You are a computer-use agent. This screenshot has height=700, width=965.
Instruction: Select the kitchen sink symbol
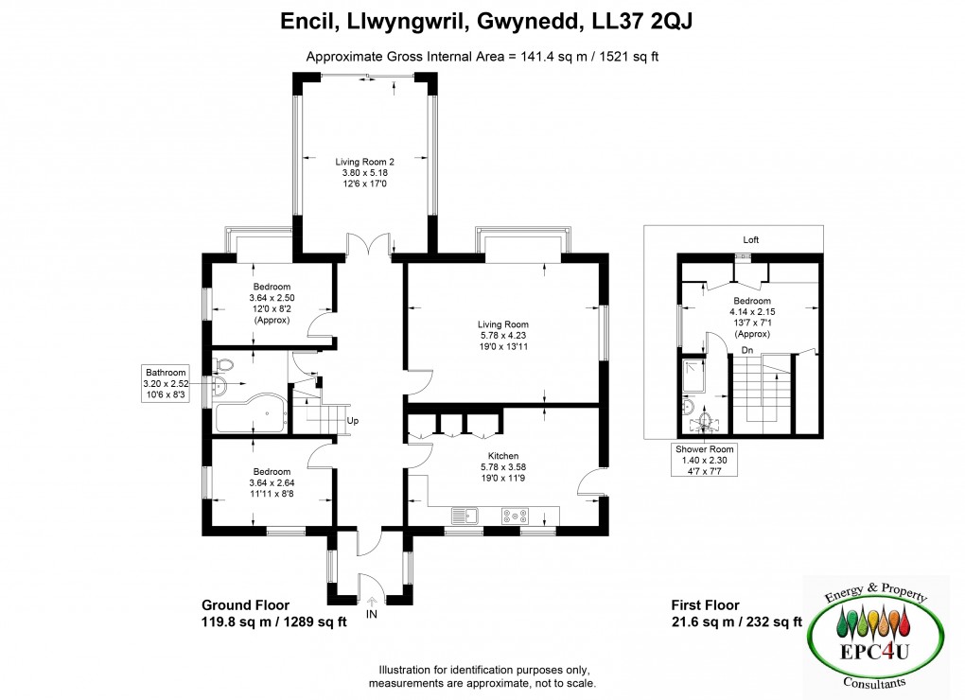[463, 516]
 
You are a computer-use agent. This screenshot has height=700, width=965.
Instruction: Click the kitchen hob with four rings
[517, 516]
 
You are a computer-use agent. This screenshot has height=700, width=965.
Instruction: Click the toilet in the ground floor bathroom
[223, 363]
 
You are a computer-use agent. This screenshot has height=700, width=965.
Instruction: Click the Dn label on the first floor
[746, 349]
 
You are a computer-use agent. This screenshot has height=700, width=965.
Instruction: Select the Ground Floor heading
[245, 605]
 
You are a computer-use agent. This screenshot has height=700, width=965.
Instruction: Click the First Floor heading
[705, 605]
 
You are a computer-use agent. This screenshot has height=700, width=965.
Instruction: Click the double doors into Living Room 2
[369, 246]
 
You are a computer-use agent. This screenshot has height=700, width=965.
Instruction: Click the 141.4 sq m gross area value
[550, 57]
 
